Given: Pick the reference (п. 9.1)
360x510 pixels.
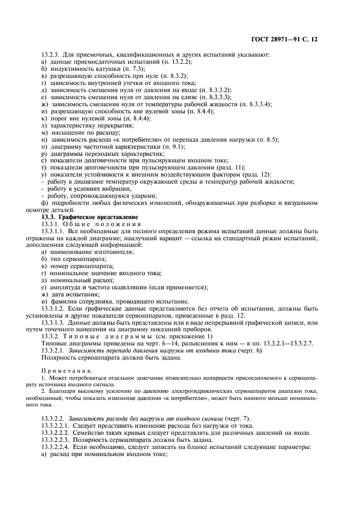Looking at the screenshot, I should [x=173, y=146].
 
